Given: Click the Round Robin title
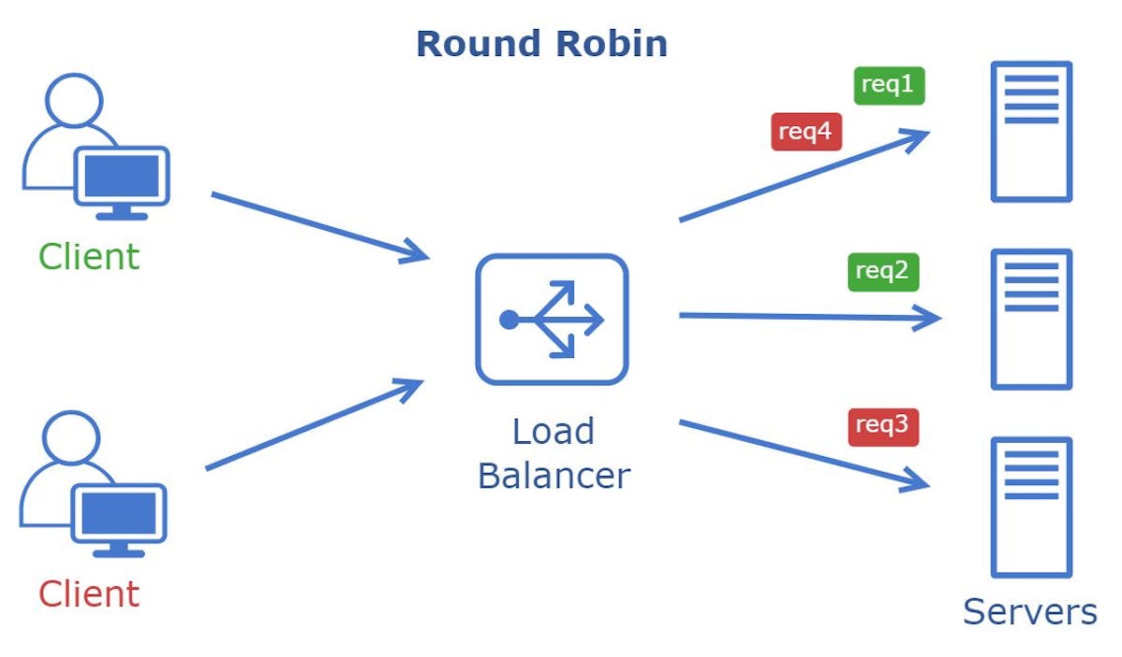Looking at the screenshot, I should click(x=541, y=44).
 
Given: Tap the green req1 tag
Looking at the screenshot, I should click(x=888, y=85).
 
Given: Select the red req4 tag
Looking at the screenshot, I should click(x=806, y=132).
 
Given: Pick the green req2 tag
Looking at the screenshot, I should click(x=883, y=272).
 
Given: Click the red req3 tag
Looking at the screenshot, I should click(x=883, y=426).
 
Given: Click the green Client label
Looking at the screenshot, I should click(x=89, y=257).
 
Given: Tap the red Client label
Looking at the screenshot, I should click(x=89, y=594).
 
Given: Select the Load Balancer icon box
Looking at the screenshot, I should click(x=552, y=320).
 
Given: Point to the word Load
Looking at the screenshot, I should click(x=553, y=432).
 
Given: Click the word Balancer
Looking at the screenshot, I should click(x=554, y=476).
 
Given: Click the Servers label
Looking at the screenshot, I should click(x=1029, y=612).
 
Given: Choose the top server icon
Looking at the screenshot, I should click(x=1030, y=132).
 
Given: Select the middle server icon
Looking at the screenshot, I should click(x=1030, y=319).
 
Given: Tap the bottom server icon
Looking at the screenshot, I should click(x=1030, y=507).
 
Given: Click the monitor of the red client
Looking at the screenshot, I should click(x=119, y=515).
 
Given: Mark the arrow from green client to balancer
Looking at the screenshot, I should click(x=318, y=225).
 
